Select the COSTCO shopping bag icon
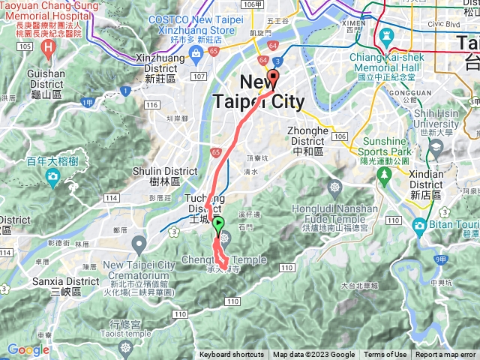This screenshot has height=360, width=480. coord(196,52)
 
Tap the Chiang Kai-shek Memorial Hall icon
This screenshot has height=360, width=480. coord(386,36)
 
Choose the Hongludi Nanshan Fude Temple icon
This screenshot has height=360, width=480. coord(334,186)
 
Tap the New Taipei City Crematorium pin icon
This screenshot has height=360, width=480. coord(139,243)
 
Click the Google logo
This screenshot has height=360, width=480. coord(28,349)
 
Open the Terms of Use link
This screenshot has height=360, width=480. coord(385,355)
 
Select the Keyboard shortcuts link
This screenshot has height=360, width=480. coord(232,355)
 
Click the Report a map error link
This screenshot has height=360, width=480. coord(445,355)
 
